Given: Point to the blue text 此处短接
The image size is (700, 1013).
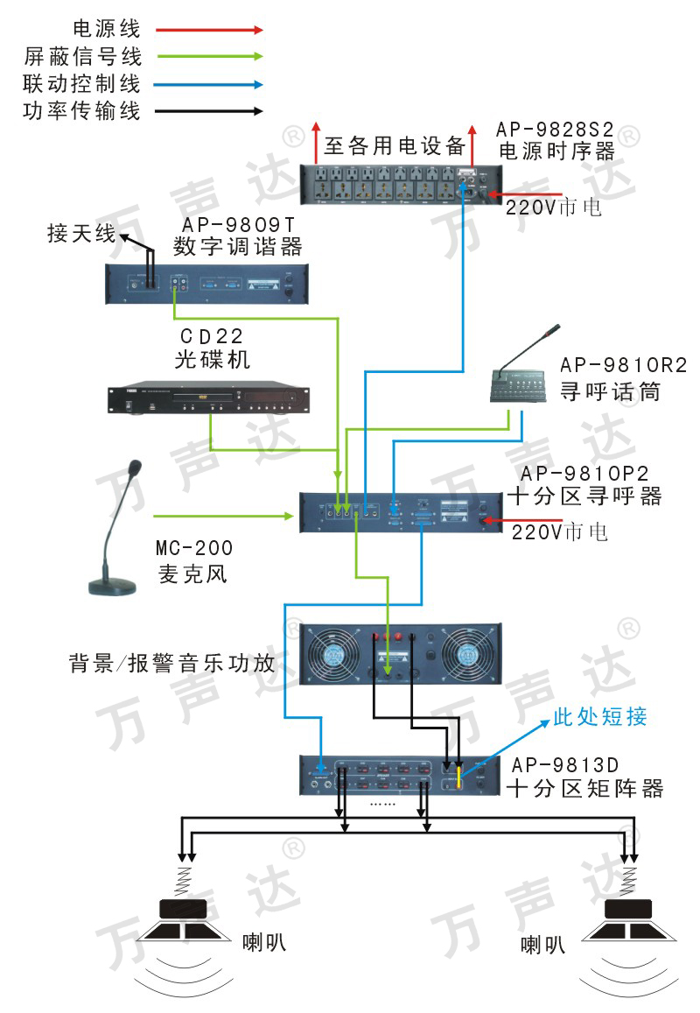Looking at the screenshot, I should (x=600, y=716).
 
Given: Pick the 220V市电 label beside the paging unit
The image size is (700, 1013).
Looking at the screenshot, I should (x=560, y=531).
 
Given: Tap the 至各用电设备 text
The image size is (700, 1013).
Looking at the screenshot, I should (x=394, y=146).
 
